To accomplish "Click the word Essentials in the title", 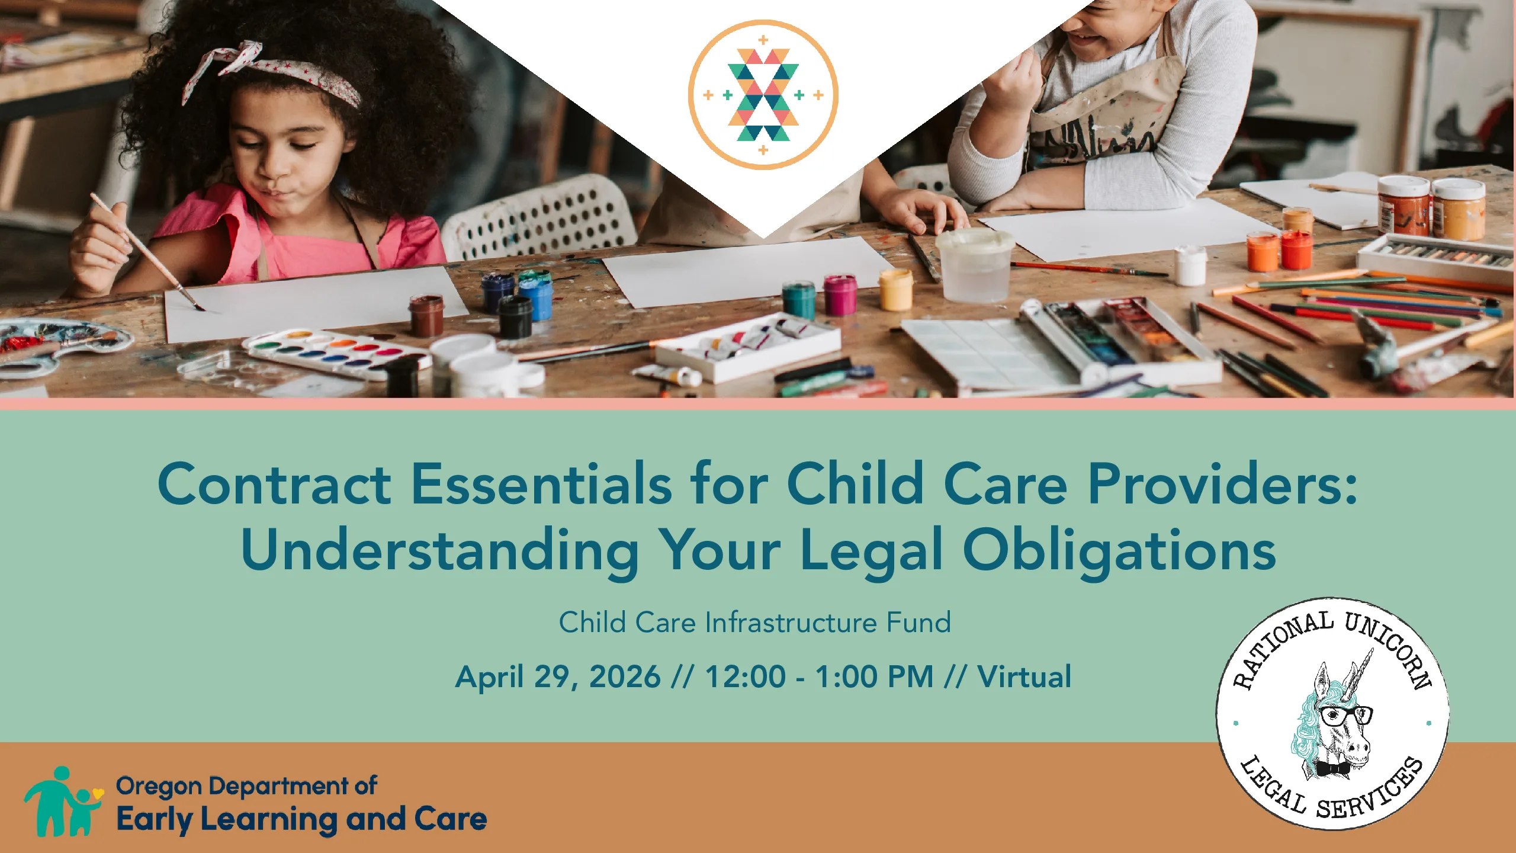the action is click(541, 484).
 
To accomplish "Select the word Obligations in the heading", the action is click(1119, 549).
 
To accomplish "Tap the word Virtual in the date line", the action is click(1024, 676).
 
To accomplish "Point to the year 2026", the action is click(625, 676).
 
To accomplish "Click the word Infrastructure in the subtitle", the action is click(791, 623).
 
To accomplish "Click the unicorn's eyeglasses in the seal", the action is click(1345, 715).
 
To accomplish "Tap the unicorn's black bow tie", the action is click(1333, 769).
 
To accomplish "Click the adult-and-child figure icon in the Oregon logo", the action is click(63, 801).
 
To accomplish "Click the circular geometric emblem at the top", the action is click(763, 95).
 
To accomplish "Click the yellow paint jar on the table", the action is click(895, 290).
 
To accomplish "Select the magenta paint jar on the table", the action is click(840, 294).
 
